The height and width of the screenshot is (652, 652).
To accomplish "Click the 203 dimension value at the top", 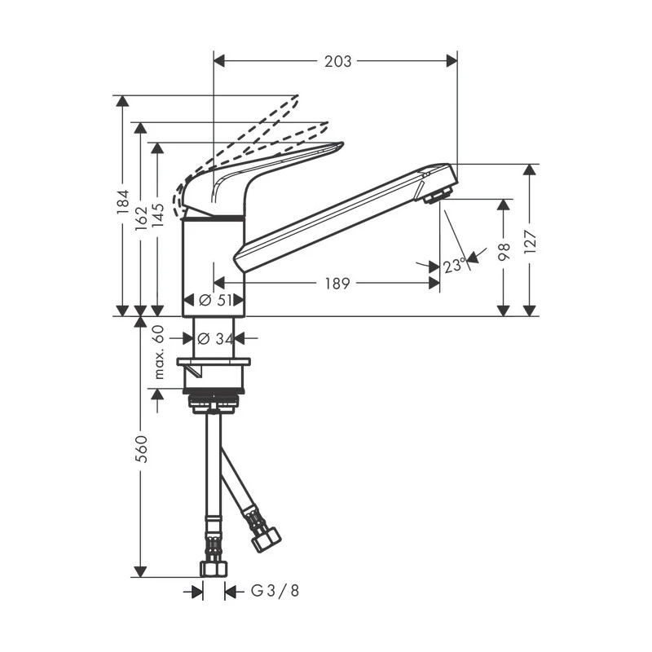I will pyautogui.click(x=337, y=61).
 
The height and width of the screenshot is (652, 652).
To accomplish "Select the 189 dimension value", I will pyautogui.click(x=337, y=284).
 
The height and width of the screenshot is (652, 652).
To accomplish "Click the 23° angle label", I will pyautogui.click(x=454, y=265).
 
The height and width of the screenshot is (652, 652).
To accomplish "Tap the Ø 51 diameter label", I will pyautogui.click(x=213, y=300).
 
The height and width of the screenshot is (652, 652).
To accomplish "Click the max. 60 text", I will pyautogui.click(x=159, y=352).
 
